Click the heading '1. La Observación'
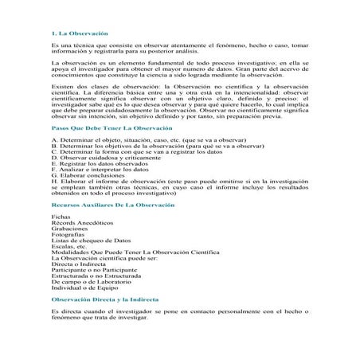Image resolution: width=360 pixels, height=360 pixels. click(73, 34)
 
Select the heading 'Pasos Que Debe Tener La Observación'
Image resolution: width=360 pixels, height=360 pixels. click(100, 150)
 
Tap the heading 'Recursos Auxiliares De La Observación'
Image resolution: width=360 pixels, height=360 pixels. click(103, 227)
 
